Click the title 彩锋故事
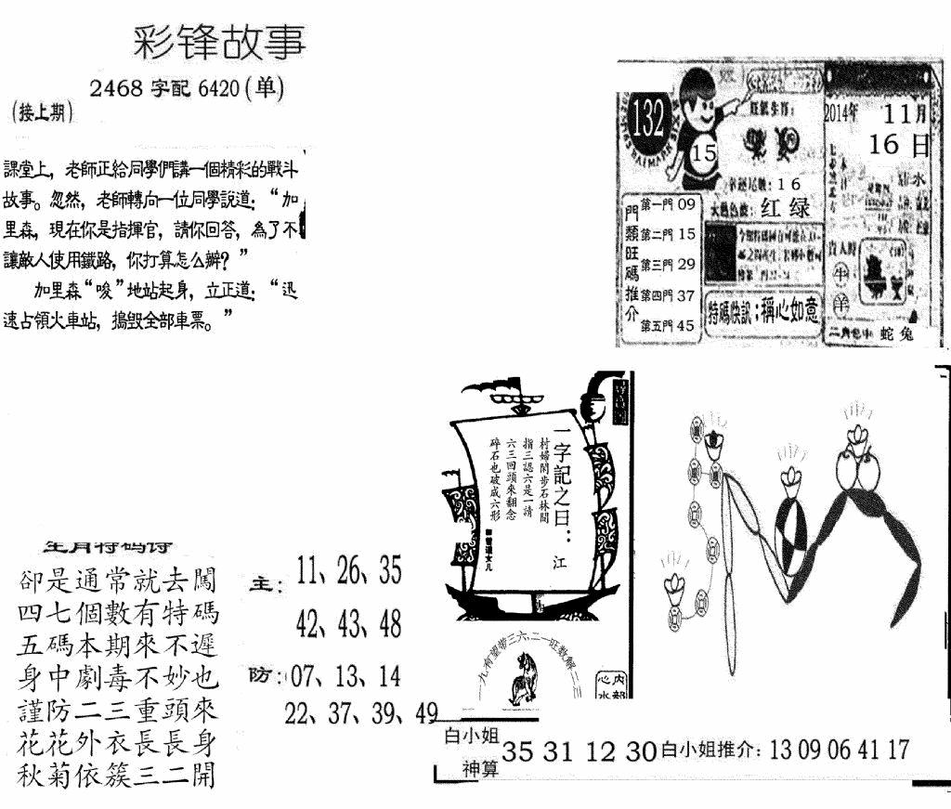tap(219, 43)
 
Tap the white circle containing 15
tap(705, 153)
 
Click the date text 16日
tap(899, 145)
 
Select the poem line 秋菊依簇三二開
tap(116, 774)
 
